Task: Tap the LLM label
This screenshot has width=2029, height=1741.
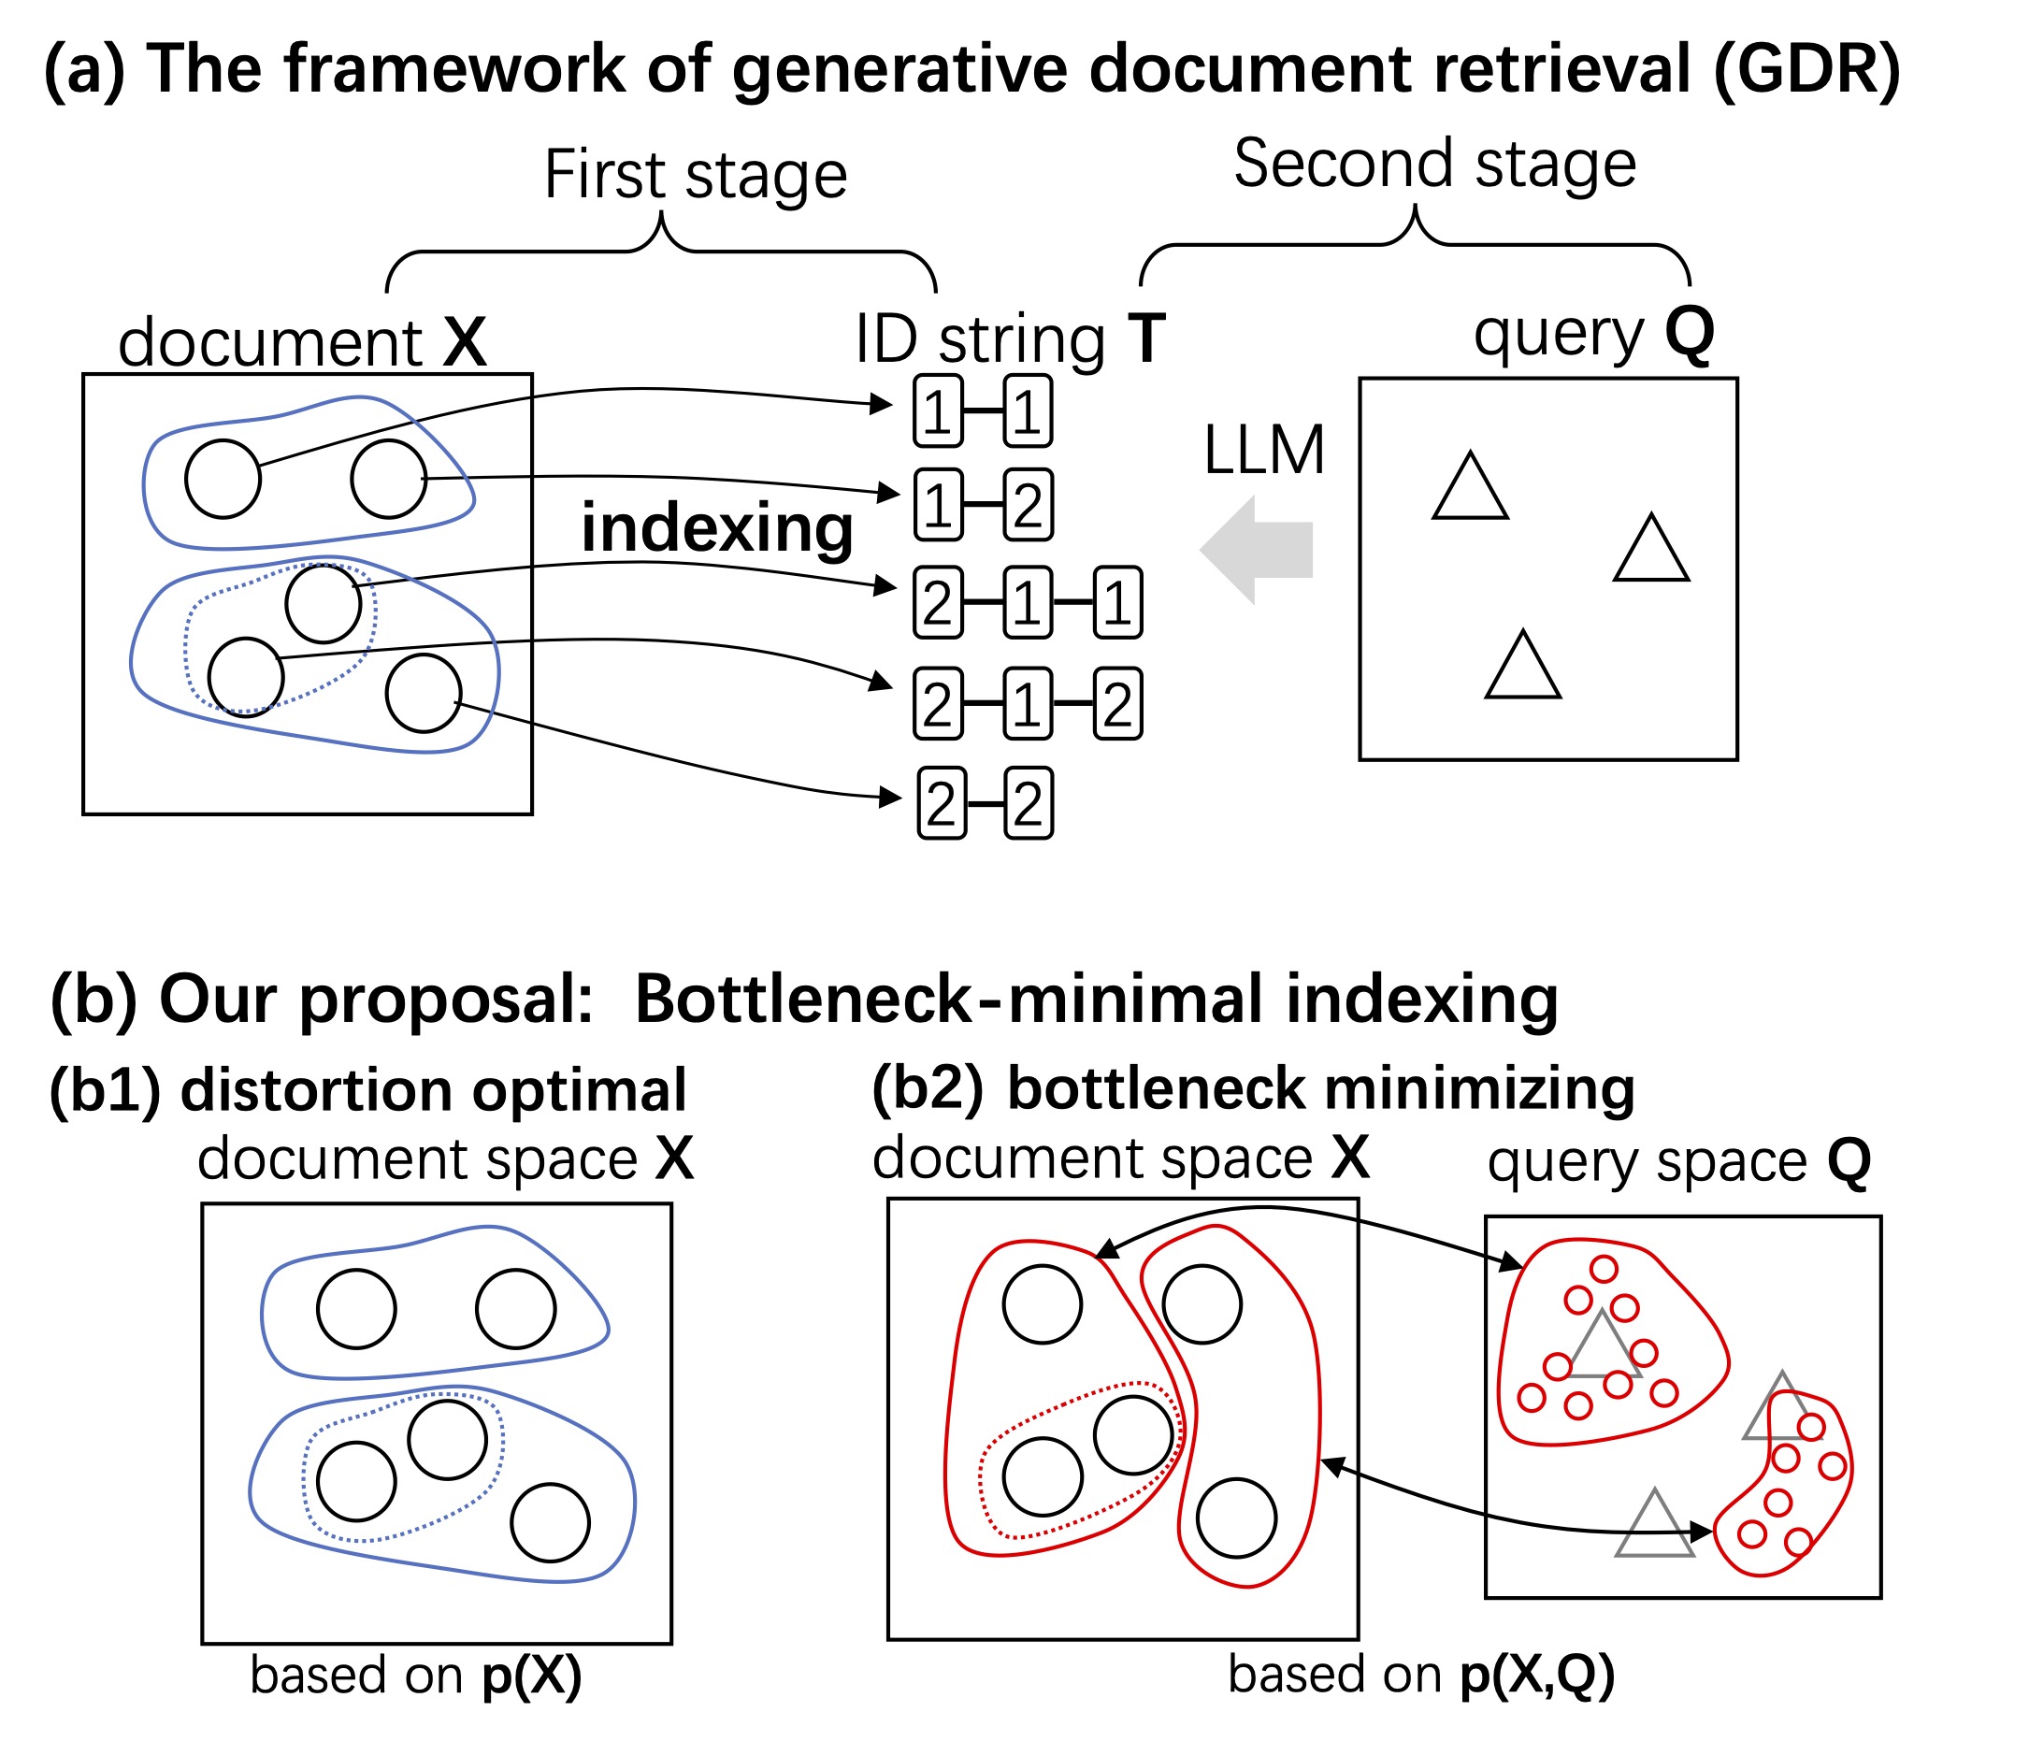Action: coord(1263,452)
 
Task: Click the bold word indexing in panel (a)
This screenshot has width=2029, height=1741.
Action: coord(717,529)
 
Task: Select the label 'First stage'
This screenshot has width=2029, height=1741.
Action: coord(696,175)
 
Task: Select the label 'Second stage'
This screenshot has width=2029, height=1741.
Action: coord(1434,164)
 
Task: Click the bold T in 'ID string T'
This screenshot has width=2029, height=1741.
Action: coord(1145,338)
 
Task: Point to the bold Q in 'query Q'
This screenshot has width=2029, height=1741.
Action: coord(1690,333)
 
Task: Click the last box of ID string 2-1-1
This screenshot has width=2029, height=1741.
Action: coord(1117,603)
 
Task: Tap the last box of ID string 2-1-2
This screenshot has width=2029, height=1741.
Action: coord(1117,704)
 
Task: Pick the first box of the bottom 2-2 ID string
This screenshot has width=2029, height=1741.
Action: coord(941,804)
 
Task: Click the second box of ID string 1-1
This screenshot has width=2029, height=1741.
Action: coord(1028,412)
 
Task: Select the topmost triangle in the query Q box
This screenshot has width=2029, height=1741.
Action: coord(1470,486)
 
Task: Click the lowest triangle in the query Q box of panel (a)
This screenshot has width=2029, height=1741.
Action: coord(1523,666)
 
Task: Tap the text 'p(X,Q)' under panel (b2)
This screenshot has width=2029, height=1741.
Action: coord(1536,1675)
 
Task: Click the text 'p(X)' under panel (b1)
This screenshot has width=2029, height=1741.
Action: coord(532,1676)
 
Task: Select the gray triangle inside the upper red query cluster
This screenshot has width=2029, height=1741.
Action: coord(1603,1349)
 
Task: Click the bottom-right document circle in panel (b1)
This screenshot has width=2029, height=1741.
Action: coord(551,1522)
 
